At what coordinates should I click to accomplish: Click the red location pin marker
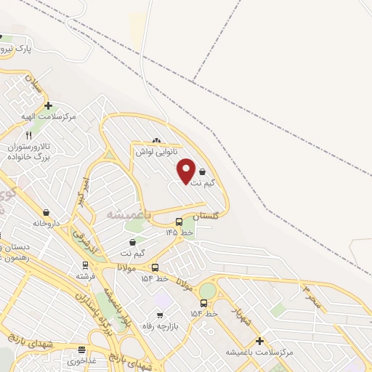186,169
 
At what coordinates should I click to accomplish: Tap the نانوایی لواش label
155,153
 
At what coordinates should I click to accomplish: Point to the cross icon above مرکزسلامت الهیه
48,106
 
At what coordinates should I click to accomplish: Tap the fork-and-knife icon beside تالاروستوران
29,135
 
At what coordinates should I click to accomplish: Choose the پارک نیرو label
16,49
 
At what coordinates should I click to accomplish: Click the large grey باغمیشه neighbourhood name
129,214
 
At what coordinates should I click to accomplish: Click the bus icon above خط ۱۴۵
179,222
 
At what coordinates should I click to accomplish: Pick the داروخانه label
45,223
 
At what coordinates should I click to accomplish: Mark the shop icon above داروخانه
46,212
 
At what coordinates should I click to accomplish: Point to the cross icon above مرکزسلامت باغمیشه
259,340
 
